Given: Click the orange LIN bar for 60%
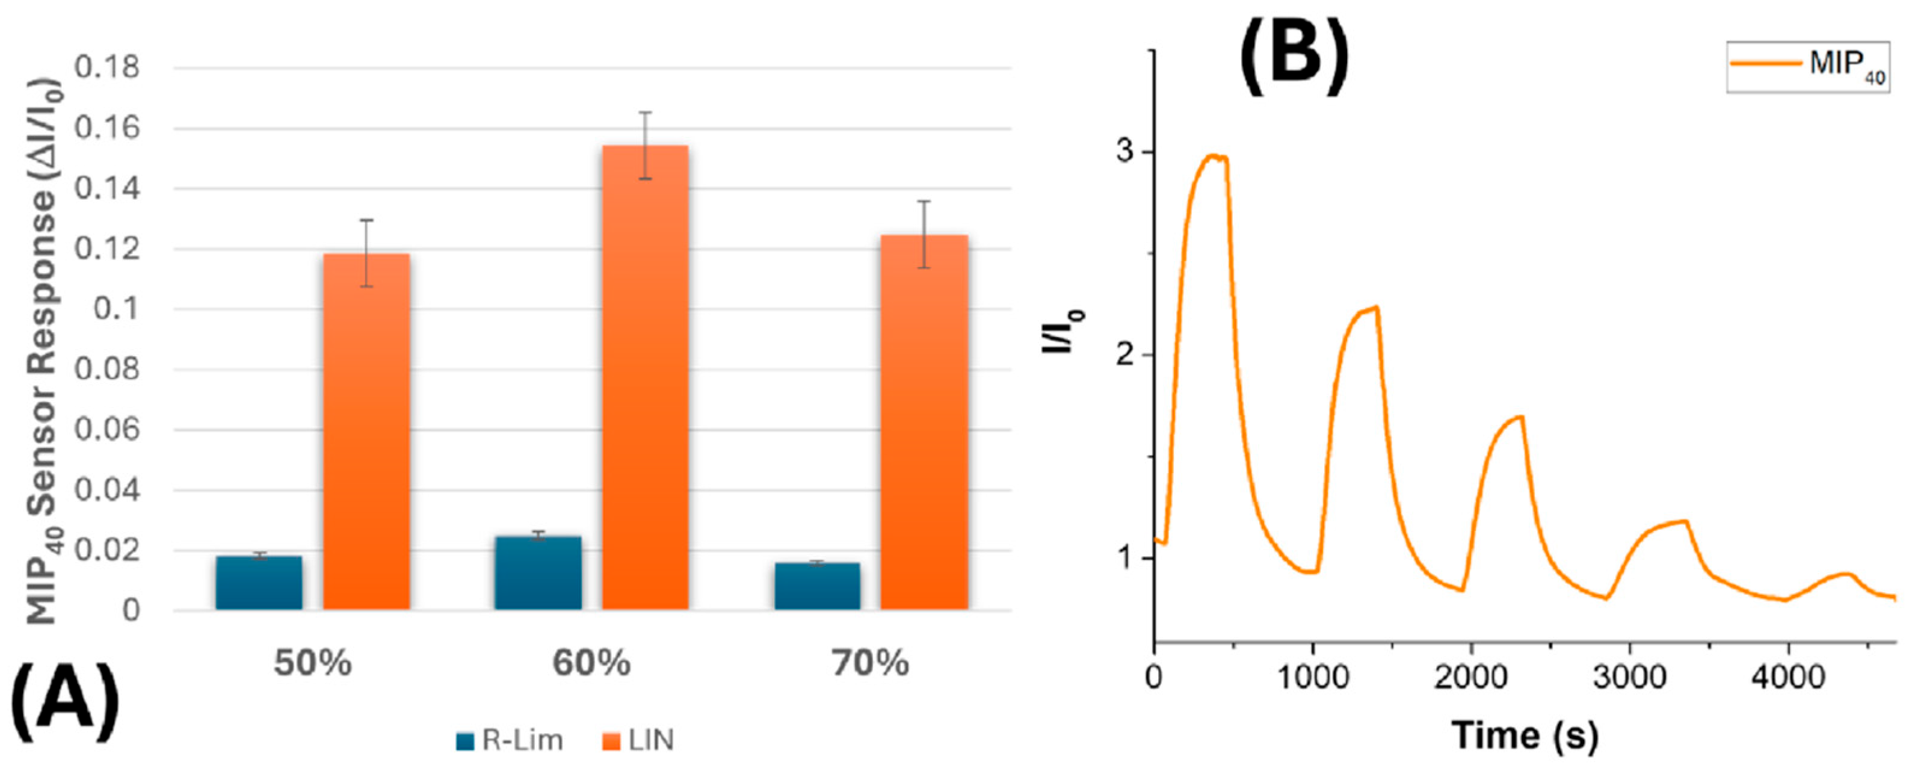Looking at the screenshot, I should coord(644,377).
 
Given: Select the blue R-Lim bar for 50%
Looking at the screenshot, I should coord(259,583).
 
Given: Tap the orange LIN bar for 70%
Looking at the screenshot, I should coord(924,422).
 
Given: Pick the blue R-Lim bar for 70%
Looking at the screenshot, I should coord(818,586).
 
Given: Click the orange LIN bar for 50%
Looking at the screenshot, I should coord(366,432).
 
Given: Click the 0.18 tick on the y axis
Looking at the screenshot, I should coord(107,69).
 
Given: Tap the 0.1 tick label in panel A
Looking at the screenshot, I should coord(116,309).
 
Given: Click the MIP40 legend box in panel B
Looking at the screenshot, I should coord(1807,67).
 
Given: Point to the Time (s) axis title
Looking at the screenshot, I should coord(1525,735).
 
